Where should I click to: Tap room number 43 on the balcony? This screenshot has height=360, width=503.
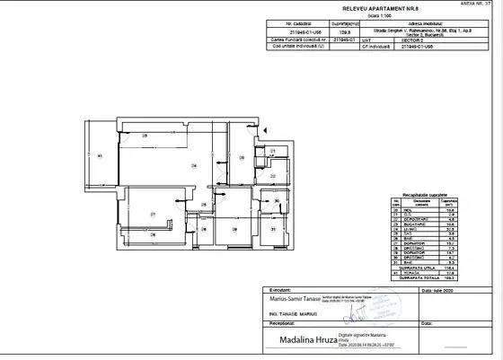[100, 157]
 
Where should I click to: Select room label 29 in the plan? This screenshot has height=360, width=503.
[234, 229]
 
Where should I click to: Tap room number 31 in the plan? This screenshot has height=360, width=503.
[273, 230]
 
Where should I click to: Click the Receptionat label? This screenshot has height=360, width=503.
[276, 323]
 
